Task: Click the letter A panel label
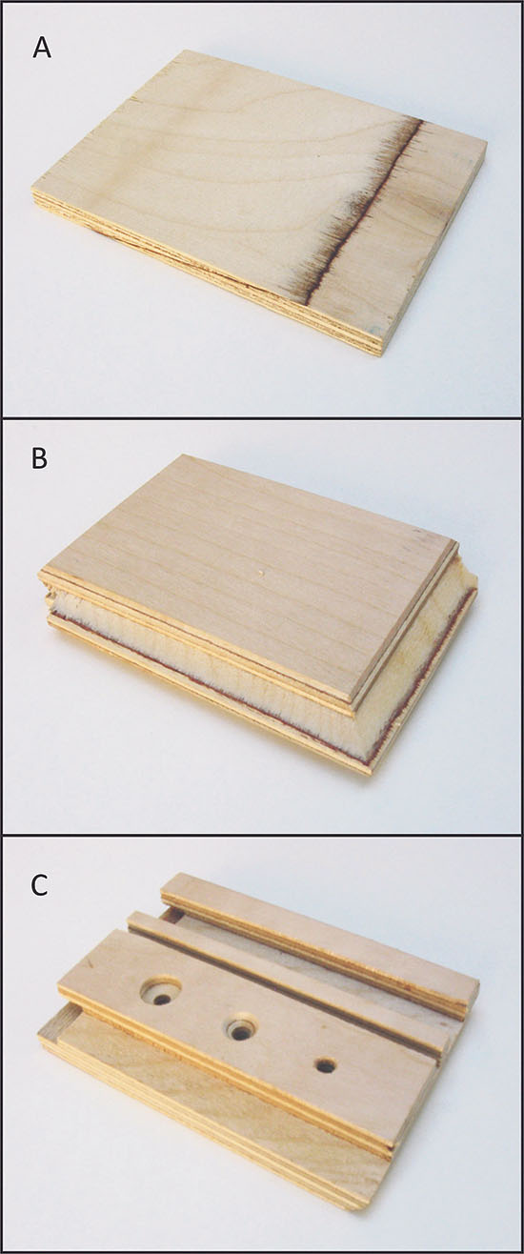[x=42, y=49]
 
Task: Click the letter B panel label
[x=40, y=458]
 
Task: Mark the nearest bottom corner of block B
[x=369, y=774]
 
